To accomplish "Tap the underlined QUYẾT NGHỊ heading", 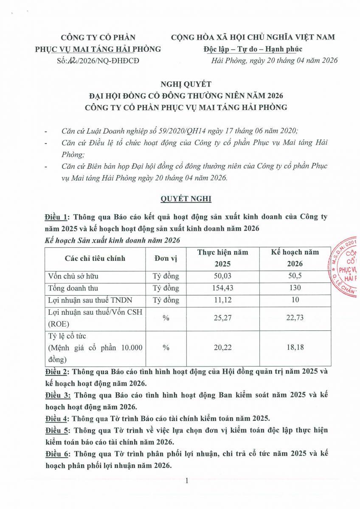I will click(186, 199).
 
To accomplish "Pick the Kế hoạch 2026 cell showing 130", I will click(295, 288).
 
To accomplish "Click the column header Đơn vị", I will click(166, 258).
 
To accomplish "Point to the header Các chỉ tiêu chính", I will click(95, 258).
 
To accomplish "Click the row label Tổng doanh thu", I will click(72, 288).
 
